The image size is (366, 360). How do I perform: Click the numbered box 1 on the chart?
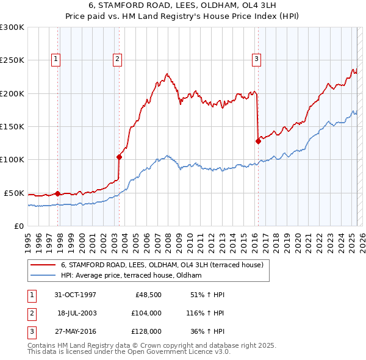tap(56, 59)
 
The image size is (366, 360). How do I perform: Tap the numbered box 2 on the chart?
tap(117, 59)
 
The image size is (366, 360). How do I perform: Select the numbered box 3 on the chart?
tap(256, 59)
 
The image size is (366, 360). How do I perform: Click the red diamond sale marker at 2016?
tap(258, 141)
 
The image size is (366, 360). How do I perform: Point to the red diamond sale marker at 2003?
tap(119, 157)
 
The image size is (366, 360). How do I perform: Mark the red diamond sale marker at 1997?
tap(58, 193)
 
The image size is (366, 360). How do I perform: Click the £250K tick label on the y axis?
tap(12, 60)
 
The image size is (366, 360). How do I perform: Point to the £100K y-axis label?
tap(12, 159)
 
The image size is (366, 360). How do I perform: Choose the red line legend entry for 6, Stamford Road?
tap(162, 265)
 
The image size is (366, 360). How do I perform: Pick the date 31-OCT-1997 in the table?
tap(75, 295)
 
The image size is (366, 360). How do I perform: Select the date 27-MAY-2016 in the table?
tap(75, 331)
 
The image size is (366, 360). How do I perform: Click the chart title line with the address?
tap(183, 8)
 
